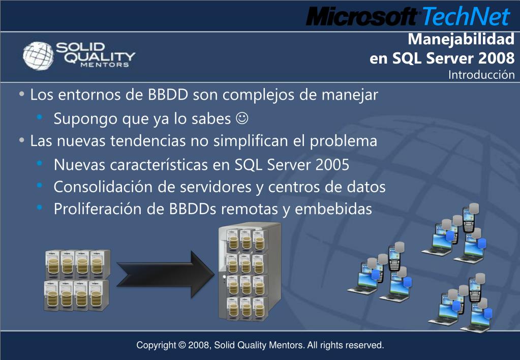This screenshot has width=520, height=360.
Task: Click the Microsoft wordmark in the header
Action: [x=362, y=17]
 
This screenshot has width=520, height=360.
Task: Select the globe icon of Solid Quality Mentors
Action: [x=38, y=55]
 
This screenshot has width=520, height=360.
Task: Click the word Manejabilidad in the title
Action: [x=461, y=39]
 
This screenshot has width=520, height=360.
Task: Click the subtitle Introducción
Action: [x=481, y=75]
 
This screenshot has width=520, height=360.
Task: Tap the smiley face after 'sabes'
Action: [x=242, y=119]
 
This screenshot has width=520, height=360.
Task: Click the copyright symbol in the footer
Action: [x=182, y=345]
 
